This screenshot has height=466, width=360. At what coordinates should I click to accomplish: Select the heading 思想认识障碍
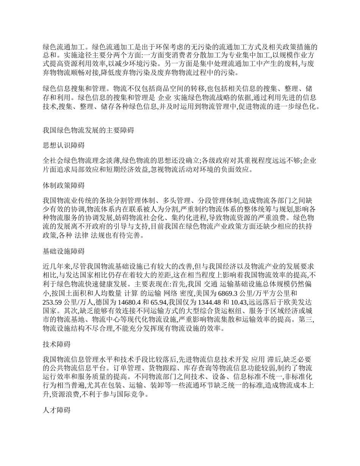click(64, 145)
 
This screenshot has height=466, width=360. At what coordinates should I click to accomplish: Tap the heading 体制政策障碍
click(64, 186)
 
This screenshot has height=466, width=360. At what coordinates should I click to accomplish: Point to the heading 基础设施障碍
click(64, 251)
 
